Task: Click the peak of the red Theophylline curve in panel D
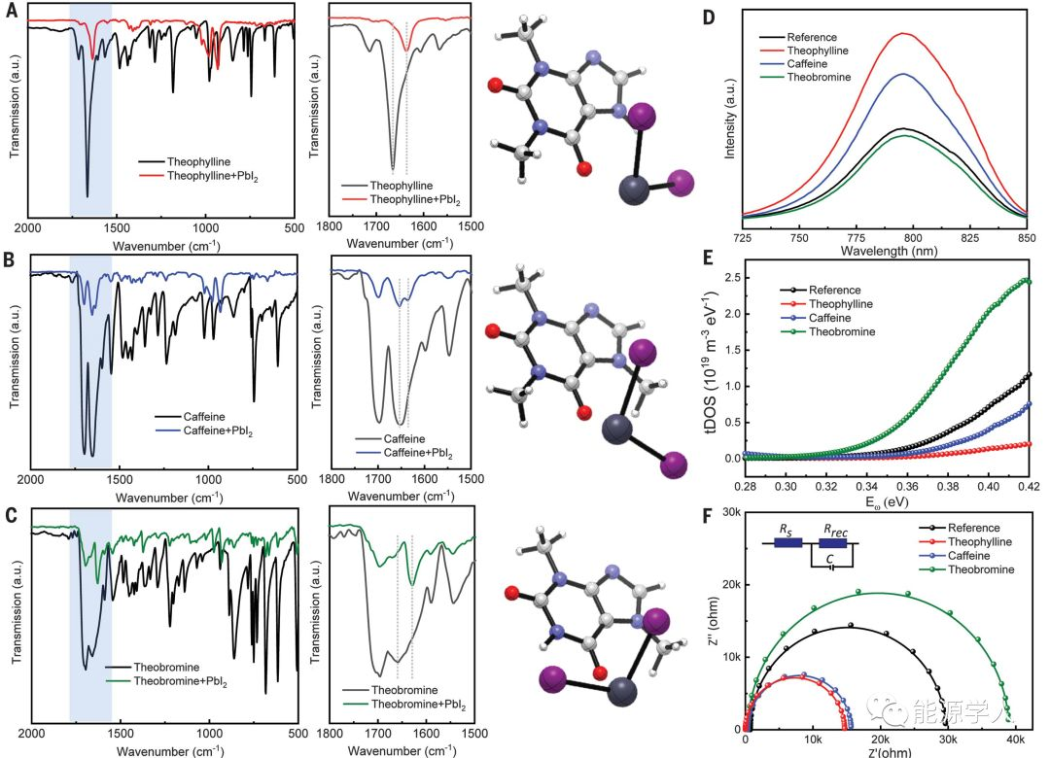(906, 33)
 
